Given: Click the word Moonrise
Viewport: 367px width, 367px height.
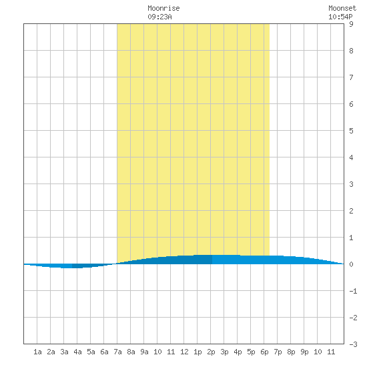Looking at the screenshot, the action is [x=163, y=8].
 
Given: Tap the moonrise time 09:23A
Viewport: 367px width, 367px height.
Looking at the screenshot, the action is [x=159, y=17].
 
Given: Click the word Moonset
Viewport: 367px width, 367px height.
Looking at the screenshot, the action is [x=342, y=8].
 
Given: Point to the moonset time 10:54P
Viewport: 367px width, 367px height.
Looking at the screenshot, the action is [x=340, y=17].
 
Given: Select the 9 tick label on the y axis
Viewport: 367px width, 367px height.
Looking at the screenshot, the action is [x=351, y=24].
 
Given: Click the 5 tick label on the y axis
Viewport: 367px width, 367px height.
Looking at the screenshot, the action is [x=351, y=131].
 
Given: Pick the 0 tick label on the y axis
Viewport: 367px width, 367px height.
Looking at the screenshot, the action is [x=351, y=264].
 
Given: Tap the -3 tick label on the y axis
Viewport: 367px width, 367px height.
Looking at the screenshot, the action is [x=353, y=344].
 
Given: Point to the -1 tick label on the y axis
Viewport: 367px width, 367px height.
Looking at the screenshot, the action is [x=353, y=291].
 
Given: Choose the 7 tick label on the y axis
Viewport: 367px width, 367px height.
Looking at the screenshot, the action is [x=351, y=77].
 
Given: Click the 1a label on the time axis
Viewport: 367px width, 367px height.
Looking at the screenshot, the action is [x=37, y=352].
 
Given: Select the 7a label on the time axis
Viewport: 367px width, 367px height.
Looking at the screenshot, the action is [x=117, y=352].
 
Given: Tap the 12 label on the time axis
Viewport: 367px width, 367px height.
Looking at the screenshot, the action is [x=184, y=352].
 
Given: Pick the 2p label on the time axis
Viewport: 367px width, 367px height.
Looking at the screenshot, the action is [x=211, y=352].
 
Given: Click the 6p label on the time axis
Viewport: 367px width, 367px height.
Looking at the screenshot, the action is [x=264, y=352].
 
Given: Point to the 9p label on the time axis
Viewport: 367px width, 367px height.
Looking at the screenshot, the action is [x=304, y=352].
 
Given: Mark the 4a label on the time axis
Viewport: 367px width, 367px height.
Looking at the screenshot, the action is [x=77, y=352].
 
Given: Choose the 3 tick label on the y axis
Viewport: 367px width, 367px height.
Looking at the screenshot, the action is [x=351, y=184].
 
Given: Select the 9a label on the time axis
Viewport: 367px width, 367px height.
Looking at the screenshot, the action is [x=144, y=352].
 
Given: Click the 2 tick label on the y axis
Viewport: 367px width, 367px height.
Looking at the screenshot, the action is [x=351, y=211].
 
